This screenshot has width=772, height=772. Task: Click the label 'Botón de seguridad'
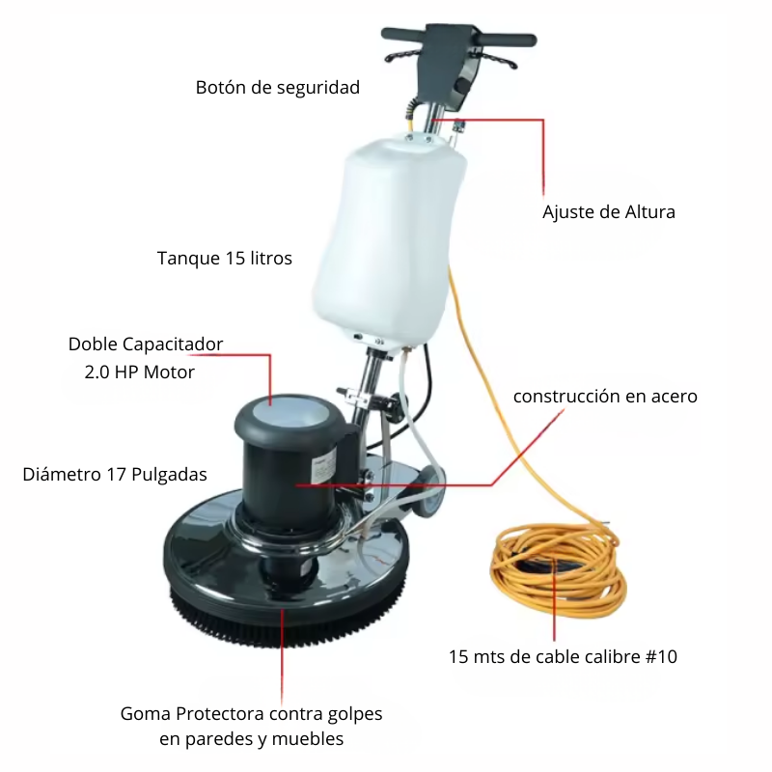(278, 88)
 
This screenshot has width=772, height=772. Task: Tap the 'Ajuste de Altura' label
(609, 212)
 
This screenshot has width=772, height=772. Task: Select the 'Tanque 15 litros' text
(225, 258)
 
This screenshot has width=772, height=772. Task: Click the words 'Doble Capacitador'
(146, 345)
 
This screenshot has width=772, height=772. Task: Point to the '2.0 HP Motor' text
(139, 372)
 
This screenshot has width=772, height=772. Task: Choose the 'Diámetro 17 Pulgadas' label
(115, 475)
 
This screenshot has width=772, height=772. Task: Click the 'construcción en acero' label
(605, 397)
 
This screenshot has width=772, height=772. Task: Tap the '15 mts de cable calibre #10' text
(563, 657)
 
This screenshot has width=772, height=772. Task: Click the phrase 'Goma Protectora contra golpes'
(251, 714)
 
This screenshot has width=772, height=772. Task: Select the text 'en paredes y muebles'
(251, 739)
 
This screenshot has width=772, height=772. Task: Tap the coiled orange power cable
(558, 571)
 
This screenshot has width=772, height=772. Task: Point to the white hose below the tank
(413, 424)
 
